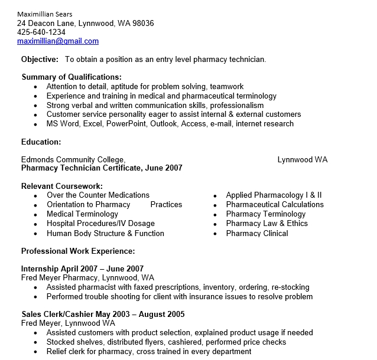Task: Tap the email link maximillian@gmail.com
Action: click(x=58, y=41)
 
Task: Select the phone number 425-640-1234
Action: click(x=41, y=32)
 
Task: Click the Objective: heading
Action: click(x=40, y=59)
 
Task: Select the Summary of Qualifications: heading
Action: click(x=71, y=77)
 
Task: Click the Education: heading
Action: click(x=41, y=142)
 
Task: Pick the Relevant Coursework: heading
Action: click(x=62, y=186)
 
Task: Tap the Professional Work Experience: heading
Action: click(x=78, y=250)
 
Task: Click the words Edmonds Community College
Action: click(x=73, y=159)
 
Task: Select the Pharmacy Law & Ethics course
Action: click(x=266, y=224)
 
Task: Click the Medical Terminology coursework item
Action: click(x=82, y=214)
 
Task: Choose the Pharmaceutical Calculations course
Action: click(x=275, y=205)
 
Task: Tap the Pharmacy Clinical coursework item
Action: click(x=257, y=233)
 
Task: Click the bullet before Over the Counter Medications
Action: click(x=35, y=195)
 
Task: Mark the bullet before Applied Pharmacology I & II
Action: click(x=215, y=195)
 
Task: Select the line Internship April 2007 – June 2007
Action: click(x=82, y=269)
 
